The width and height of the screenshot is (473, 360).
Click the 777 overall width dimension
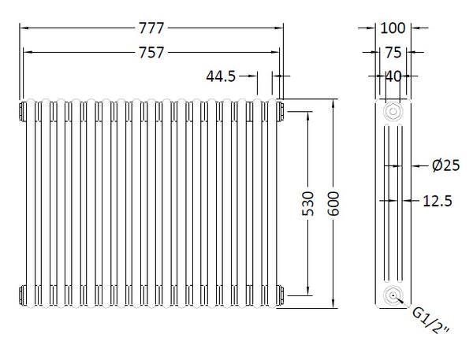151,28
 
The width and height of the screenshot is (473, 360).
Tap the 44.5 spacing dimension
222,76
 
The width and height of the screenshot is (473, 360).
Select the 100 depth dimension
392,28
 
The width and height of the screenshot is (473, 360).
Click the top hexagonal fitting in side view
392,112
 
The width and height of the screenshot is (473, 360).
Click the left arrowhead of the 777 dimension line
22,28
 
